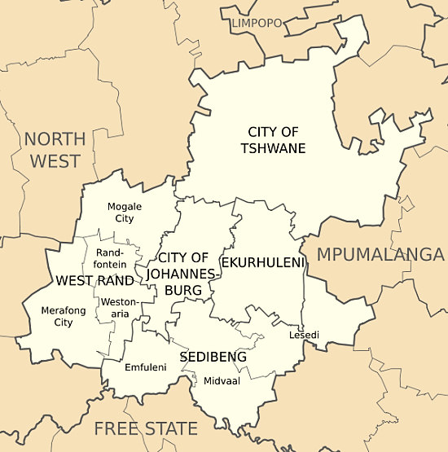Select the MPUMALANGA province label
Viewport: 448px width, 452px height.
click(x=380, y=254)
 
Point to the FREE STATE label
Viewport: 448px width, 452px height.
click(x=145, y=428)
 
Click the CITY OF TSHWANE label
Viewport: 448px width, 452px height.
click(x=273, y=139)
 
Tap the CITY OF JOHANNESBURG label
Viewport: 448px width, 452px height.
click(x=184, y=274)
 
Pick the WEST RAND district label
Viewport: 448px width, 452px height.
click(x=94, y=281)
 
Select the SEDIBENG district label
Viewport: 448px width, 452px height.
click(x=213, y=357)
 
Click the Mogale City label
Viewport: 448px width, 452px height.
click(x=124, y=213)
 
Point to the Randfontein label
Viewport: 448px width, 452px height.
click(x=110, y=259)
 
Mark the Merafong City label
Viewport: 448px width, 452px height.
click(x=63, y=316)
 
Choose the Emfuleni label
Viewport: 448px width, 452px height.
click(x=145, y=367)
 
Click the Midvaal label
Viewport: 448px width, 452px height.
click(x=222, y=380)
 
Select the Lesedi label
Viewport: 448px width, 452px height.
click(x=304, y=335)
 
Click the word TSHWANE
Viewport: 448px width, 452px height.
click(x=273, y=148)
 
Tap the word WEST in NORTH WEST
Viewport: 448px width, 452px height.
click(x=55, y=160)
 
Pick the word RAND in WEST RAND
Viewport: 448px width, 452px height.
click(x=115, y=281)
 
